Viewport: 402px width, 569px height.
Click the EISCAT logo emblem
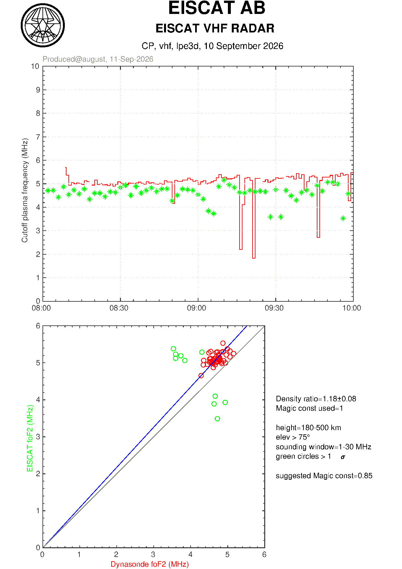click(43, 25)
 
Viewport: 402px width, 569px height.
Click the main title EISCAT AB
click(217, 8)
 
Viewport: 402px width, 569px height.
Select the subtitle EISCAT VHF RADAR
click(215, 29)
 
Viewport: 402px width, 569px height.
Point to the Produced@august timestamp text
click(98, 59)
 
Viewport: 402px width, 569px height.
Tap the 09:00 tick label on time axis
click(196, 308)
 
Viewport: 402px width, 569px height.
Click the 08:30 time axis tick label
click(119, 308)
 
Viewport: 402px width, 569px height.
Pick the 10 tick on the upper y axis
click(35, 67)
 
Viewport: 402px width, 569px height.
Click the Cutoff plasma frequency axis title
click(25, 190)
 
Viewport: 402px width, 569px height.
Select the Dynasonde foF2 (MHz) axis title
click(150, 564)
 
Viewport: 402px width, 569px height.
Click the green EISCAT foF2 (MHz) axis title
click(30, 438)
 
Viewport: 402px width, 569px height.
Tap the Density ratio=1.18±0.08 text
click(316, 399)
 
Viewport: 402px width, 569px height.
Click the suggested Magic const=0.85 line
click(324, 476)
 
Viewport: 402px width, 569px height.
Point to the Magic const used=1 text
click(310, 408)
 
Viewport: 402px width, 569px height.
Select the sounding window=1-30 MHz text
click(324, 447)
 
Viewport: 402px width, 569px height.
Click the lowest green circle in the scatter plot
click(217, 419)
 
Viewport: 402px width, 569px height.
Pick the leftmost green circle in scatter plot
click(173, 349)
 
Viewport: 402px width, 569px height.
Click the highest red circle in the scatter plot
click(223, 343)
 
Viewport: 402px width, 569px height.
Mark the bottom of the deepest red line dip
click(254, 258)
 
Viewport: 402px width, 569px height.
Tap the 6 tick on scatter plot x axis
click(264, 555)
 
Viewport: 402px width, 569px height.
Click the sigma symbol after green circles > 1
click(343, 457)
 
